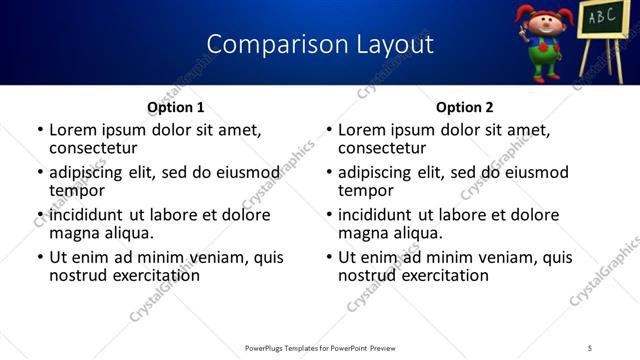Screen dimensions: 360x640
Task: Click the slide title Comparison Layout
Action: click(320, 44)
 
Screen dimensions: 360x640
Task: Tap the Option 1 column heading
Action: click(176, 107)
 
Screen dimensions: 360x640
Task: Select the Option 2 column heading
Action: click(464, 107)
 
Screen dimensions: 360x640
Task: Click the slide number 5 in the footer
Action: click(590, 348)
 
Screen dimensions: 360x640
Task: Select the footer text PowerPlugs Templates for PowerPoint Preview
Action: click(320, 348)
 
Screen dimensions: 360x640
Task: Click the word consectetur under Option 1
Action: click(93, 148)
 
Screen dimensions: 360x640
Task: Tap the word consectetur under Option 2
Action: click(382, 148)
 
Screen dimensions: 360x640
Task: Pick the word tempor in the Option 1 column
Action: click(74, 191)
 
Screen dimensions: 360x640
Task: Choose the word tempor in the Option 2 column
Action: click(363, 191)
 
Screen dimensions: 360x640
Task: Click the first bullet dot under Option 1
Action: click(40, 131)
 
